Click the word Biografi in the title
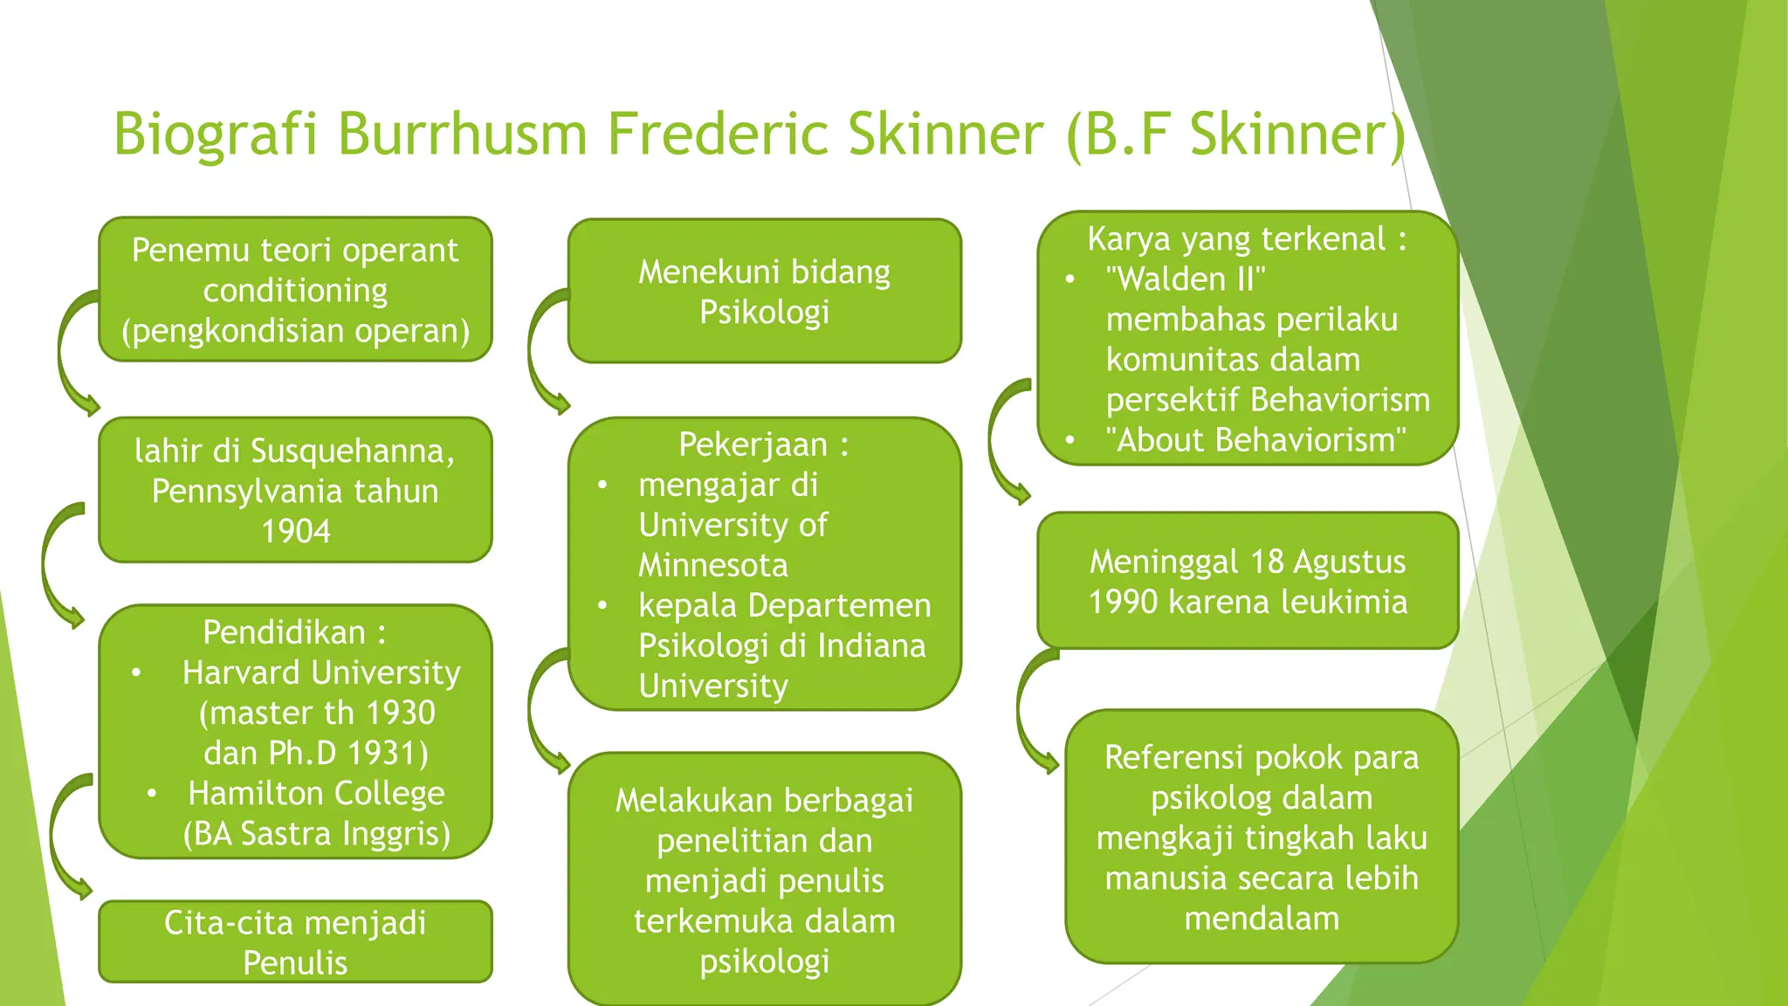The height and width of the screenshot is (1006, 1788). click(216, 135)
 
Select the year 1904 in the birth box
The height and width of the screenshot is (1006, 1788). click(296, 531)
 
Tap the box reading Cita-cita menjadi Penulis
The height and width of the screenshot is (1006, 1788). click(295, 941)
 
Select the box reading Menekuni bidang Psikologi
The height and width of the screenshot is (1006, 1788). click(764, 291)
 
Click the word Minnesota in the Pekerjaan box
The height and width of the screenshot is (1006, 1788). click(713, 565)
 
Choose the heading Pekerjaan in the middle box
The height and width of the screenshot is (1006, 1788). click(753, 444)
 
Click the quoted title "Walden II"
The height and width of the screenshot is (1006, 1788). click(1185, 279)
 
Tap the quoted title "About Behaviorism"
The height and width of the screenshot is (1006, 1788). click(1255, 440)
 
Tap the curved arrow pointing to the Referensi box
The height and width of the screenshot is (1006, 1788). click(1033, 712)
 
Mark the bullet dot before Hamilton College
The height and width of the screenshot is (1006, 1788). click(152, 793)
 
